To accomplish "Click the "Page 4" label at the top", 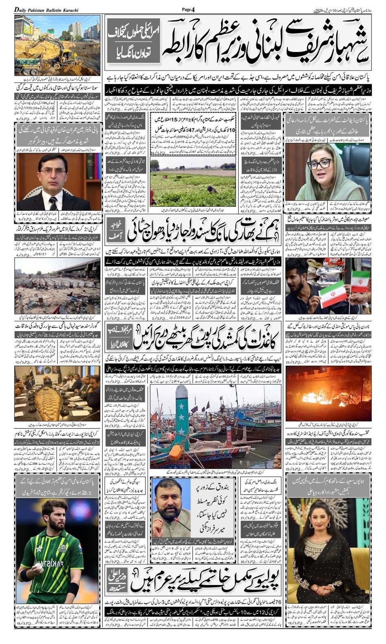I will (188, 9).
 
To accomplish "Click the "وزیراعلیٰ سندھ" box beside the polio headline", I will (117, 581).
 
